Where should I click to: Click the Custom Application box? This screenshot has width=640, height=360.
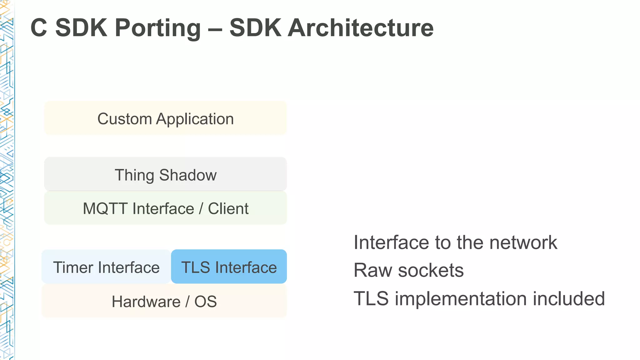point(165,118)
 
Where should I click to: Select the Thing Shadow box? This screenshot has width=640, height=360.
point(165,174)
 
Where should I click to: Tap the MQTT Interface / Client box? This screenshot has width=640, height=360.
point(165,208)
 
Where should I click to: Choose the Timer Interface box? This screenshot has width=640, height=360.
point(106,267)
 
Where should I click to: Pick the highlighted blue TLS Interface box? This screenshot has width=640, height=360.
point(229,267)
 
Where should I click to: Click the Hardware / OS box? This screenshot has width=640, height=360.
point(164,301)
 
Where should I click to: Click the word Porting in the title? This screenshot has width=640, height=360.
point(157,28)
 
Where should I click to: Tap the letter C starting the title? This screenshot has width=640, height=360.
point(39,28)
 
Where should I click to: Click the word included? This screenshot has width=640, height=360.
point(569,298)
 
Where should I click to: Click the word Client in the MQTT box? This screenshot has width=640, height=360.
point(228,208)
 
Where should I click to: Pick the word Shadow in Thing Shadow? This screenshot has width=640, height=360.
point(188,175)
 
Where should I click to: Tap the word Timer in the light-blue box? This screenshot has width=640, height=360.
point(73,267)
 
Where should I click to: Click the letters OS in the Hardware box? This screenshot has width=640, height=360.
point(205,302)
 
